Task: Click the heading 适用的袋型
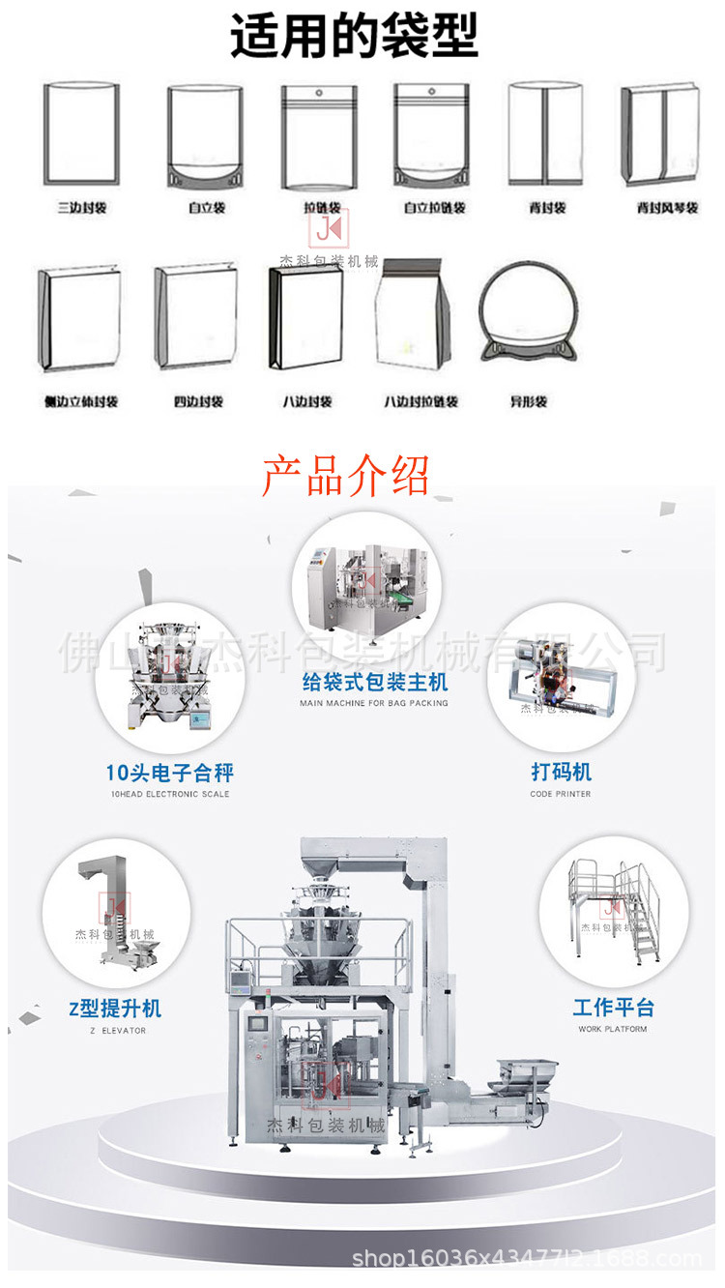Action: click(354, 37)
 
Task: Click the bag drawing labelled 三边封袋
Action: click(81, 133)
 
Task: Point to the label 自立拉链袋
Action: click(434, 208)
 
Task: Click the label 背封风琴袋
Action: click(667, 208)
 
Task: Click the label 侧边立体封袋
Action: click(81, 401)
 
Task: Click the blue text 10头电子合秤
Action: click(169, 773)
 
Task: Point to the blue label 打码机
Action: click(561, 773)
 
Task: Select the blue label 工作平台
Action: click(613, 1008)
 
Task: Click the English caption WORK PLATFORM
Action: click(613, 1030)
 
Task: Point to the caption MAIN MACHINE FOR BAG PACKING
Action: click(373, 703)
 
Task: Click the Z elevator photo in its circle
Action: click(116, 914)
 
